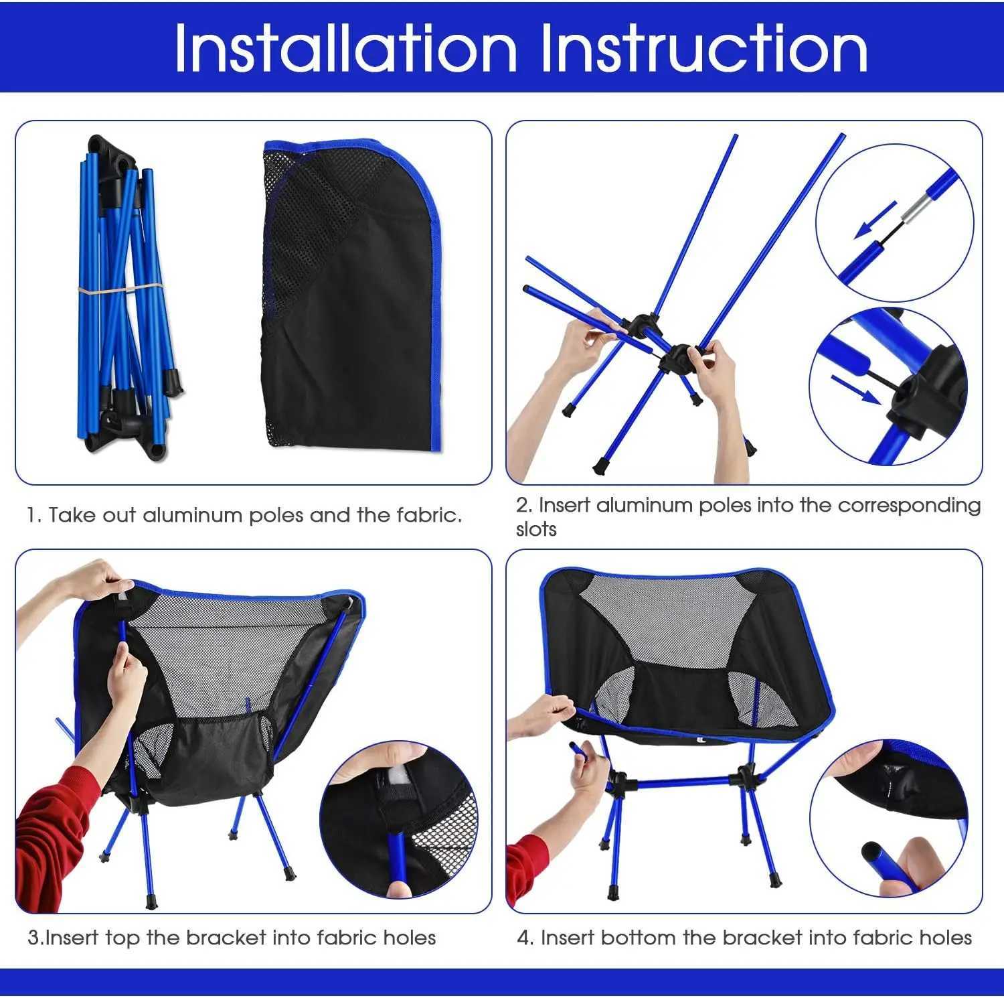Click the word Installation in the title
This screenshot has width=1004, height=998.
[x=345, y=48]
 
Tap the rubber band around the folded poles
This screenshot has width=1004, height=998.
[x=120, y=289]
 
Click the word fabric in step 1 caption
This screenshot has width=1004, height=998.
[x=428, y=515]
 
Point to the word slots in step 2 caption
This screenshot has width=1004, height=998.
[x=536, y=529]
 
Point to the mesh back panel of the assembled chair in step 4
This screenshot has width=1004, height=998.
[x=669, y=616]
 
